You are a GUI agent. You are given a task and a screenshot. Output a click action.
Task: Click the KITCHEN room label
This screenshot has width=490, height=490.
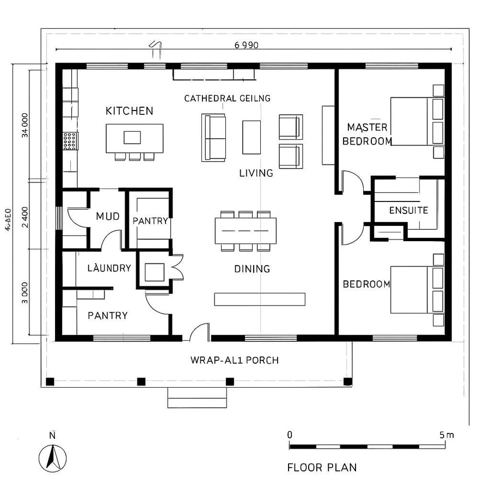[129, 111]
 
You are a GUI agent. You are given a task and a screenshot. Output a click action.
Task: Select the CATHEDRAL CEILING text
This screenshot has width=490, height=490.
[227, 98]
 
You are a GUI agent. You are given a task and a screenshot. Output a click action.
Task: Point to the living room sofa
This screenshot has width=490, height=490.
[213, 137]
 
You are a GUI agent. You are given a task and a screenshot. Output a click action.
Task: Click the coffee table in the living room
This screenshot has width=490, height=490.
[252, 137]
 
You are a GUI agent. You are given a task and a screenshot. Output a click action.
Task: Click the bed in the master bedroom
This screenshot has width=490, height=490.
[417, 121]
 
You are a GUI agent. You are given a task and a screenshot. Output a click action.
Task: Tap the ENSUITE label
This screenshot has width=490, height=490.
[408, 210]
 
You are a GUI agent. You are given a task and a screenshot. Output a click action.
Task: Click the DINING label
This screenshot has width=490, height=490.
[252, 268]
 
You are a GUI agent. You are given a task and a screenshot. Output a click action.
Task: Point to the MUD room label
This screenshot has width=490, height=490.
[107, 216]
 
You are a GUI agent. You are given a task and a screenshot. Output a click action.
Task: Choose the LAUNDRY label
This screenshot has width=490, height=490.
[109, 268]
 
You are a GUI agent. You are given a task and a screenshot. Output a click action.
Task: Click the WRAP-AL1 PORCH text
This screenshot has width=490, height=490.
[235, 360]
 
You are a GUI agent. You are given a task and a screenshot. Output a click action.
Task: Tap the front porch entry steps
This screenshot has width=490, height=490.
[197, 397]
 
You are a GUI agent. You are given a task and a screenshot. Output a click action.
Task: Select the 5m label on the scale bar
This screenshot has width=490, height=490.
[446, 434]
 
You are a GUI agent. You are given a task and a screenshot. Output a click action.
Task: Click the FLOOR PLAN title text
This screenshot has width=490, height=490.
[322, 467]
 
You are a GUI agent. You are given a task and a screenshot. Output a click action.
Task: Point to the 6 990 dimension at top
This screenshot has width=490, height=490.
[246, 45]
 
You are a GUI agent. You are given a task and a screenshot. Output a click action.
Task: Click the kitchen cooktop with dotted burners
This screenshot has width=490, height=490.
[70, 141]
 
